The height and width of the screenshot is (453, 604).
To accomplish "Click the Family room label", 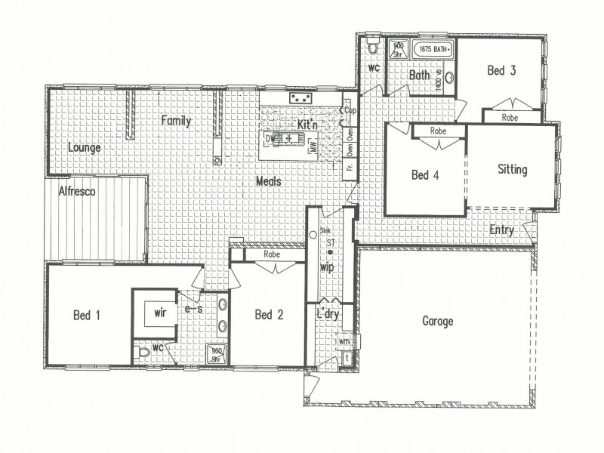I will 175,121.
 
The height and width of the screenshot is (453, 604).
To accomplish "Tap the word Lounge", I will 84,148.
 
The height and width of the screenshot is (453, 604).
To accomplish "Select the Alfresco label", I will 76,192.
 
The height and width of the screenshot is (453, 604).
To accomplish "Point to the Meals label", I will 269,181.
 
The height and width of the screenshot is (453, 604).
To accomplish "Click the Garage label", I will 437,322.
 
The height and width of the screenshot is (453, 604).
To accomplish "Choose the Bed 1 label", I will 87,315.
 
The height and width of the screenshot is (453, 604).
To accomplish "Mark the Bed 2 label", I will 268,315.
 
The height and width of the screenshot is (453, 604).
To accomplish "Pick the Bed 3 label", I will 501,72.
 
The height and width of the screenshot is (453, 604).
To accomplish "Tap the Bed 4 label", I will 425,175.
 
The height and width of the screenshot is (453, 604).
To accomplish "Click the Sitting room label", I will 512,170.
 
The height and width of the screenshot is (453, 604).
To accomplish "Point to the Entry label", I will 502,230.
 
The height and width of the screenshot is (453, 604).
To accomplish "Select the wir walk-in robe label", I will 159,310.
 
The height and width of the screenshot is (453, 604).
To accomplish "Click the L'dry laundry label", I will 327,313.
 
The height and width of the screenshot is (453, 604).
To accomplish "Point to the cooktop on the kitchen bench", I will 300,98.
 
